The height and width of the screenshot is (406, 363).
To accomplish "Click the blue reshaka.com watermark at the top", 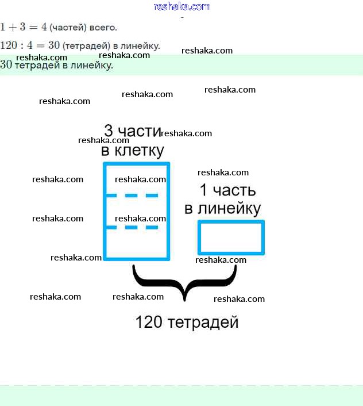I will [182, 6].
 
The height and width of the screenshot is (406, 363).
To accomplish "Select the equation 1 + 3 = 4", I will [23, 27].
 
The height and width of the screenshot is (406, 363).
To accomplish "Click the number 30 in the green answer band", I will [6, 65].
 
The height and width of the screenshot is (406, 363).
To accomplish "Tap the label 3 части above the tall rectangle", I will [132, 131].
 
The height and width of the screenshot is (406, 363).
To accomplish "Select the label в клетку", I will [133, 151].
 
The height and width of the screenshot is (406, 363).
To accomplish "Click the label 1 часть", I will [227, 190].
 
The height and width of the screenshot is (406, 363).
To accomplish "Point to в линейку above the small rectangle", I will [222, 208].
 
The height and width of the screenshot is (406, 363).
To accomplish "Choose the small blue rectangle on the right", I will [231, 238].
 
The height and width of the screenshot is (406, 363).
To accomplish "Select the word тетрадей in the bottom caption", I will [203, 323].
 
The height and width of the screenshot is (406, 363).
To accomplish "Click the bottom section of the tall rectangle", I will [136, 243].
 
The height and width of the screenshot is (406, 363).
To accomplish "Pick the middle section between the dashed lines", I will [136, 212].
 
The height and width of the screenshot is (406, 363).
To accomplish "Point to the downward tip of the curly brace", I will [184, 299].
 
